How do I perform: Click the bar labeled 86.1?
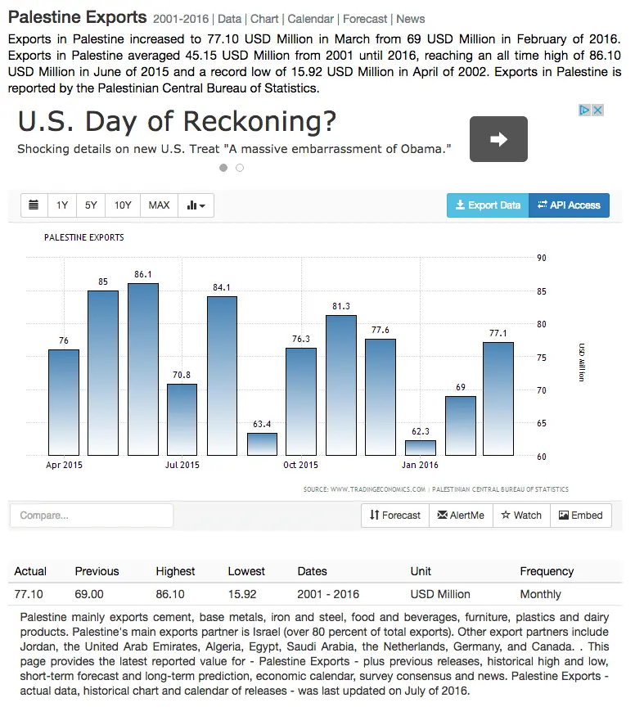point(143,369)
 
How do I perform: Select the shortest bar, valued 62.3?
point(421,448)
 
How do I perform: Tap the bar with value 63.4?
point(263,444)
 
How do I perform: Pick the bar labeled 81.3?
point(341,385)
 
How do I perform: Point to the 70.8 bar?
point(182,419)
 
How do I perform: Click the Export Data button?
point(488,205)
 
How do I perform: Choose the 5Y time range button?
point(91,205)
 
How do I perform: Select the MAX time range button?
point(159,205)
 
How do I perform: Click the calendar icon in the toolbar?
point(34,205)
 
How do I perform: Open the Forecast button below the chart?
point(395,516)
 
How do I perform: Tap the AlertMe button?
point(461,516)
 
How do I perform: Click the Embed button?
point(581,516)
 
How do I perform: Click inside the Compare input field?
point(92,516)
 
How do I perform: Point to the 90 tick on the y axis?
point(542,258)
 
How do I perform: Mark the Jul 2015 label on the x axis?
point(182,465)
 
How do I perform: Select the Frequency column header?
point(547,571)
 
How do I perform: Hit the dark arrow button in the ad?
point(498,139)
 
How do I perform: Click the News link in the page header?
point(411,19)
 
